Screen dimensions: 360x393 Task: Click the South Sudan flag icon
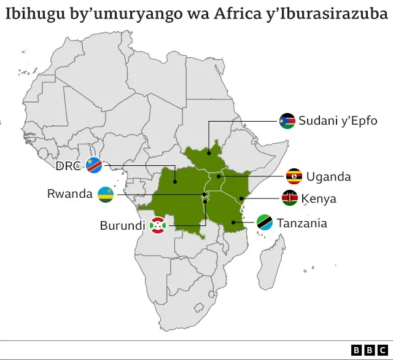coord(287,120)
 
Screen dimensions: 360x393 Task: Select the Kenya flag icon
coord(290,198)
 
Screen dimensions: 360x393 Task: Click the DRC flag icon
coord(95,166)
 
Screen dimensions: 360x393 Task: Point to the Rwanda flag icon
coord(106,195)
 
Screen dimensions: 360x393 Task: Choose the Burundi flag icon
coord(158,225)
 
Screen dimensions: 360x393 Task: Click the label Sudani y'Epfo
coord(338,120)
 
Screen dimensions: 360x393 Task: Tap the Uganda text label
coord(329,177)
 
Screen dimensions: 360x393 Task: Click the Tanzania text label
coord(302,222)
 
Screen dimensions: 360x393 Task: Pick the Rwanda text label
coord(69,194)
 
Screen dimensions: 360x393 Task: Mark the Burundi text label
coord(122,225)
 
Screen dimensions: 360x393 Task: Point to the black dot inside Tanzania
coord(234,222)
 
